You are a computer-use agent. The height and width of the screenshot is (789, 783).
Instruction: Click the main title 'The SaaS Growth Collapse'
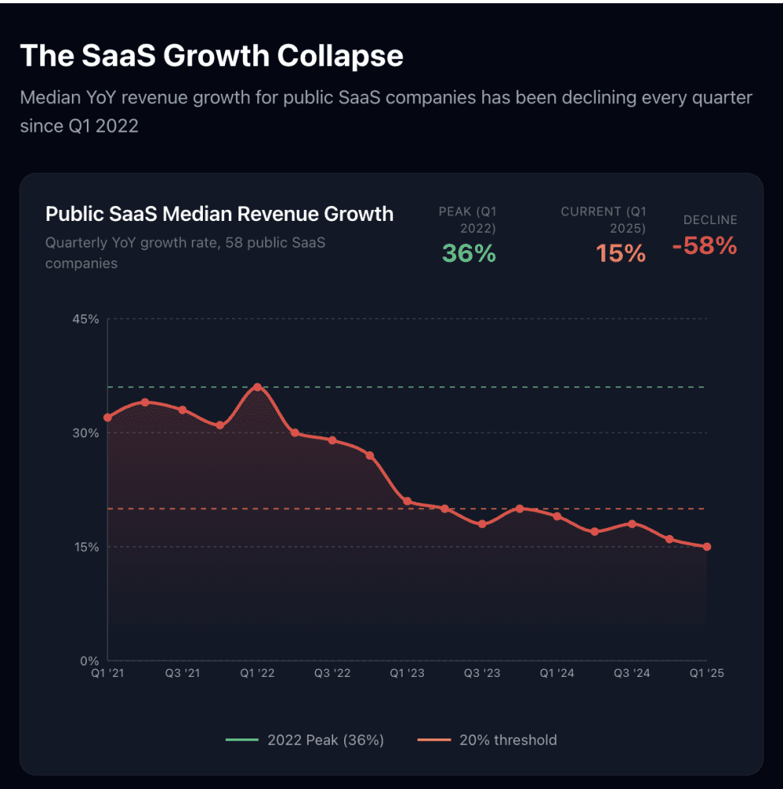coord(211,56)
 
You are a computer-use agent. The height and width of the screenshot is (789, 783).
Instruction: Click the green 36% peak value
coord(469,252)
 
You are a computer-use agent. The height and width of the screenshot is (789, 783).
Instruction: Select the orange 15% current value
coord(620,252)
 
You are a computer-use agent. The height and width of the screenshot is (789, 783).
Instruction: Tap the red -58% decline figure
coord(704,246)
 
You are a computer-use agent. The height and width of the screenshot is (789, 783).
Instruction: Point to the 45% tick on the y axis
coord(86,320)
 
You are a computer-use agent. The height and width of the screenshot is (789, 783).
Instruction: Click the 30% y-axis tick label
coord(86,433)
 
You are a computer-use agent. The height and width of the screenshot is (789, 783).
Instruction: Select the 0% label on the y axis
coord(90,660)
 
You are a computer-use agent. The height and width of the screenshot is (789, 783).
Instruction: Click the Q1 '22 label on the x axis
coord(257,674)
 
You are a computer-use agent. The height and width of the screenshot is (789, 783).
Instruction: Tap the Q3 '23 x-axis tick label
coord(481,674)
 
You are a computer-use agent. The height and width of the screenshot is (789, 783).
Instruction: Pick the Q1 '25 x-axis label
coord(706,674)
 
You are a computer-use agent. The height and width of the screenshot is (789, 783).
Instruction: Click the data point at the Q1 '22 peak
coord(257,387)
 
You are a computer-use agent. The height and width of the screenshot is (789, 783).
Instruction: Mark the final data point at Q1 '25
coord(707,547)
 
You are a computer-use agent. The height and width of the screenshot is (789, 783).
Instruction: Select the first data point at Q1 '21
coord(108,417)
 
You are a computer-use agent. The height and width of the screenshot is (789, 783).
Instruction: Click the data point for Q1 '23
coord(407,501)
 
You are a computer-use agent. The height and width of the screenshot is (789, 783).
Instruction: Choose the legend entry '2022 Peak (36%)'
coord(305,740)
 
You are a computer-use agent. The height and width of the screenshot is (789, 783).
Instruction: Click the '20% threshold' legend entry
coord(487,740)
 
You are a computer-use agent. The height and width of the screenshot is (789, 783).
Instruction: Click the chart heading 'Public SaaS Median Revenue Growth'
coord(219,214)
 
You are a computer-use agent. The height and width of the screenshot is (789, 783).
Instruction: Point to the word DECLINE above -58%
coord(710,220)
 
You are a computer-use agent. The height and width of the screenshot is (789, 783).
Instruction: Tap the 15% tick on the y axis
coord(86,547)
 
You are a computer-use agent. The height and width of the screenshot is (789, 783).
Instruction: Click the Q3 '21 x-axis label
coord(182,674)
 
